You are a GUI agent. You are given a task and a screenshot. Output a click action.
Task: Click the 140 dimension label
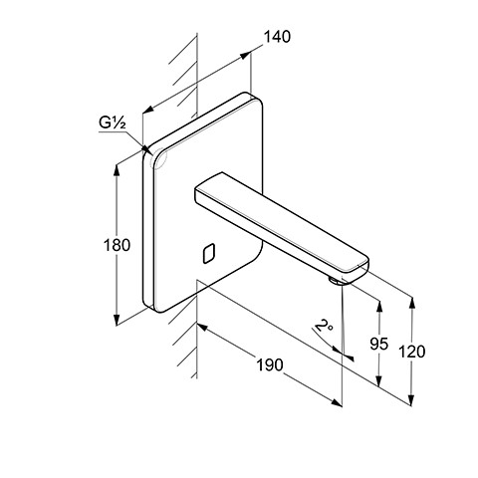coord(277,37)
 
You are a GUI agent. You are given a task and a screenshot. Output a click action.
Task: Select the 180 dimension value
coord(117,246)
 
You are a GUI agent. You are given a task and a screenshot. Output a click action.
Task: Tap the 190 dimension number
coord(270,365)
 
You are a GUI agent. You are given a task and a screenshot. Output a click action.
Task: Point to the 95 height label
coord(378,344)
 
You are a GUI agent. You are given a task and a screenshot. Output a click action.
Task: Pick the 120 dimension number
coord(411,352)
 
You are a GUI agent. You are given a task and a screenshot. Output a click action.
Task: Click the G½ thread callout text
coord(113,122)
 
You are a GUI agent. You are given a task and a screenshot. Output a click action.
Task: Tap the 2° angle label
coord(323,326)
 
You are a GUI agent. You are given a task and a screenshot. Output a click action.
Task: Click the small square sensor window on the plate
coord(208,253)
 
